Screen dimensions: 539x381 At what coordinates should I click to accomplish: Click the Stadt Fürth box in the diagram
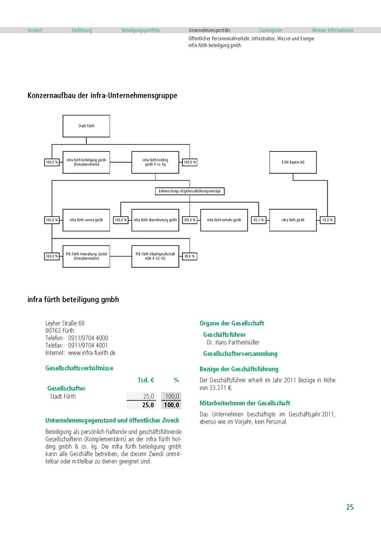[86, 126]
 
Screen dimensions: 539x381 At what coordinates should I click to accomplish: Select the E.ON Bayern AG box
[293, 162]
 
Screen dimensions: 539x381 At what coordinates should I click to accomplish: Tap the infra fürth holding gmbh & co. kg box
[155, 162]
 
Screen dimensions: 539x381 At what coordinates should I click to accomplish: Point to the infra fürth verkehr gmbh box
[224, 220]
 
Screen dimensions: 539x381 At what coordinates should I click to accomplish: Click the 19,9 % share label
[328, 220]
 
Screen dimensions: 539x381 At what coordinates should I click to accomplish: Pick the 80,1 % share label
[258, 220]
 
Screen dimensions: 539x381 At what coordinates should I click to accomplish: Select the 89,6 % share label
[190, 256]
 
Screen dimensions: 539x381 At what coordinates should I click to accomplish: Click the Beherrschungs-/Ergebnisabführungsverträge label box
[190, 191]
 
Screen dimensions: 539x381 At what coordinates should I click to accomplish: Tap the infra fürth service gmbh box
[86, 220]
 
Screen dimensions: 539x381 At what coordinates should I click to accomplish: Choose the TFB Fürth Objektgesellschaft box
[155, 256]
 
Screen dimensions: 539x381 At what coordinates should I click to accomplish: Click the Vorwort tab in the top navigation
[35, 31]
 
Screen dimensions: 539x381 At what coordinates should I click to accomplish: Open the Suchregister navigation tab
[271, 31]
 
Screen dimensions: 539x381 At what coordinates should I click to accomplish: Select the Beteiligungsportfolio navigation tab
[141, 31]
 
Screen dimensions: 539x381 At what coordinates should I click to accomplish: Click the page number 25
[350, 507]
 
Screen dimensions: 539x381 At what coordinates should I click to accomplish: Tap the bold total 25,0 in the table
[148, 405]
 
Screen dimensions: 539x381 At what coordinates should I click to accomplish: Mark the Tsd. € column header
[146, 380]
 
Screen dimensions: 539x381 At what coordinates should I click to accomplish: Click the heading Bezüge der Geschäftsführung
[239, 369]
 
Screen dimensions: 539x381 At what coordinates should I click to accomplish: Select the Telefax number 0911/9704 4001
[88, 345]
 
